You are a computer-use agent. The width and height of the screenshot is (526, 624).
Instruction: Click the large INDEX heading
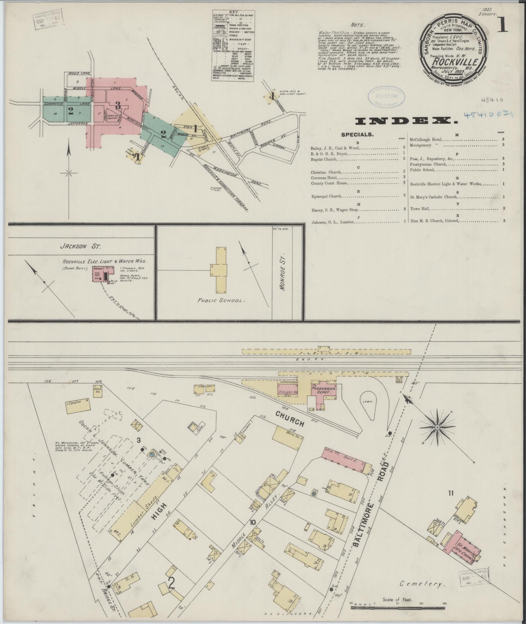tap(406, 121)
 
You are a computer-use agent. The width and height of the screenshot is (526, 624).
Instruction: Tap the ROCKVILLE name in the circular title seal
tap(456, 62)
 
